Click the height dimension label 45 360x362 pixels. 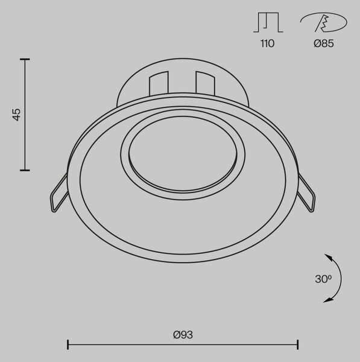click(17, 115)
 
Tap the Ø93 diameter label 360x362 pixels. click(183, 335)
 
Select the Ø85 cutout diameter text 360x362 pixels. click(324, 43)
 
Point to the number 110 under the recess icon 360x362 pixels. click(268, 43)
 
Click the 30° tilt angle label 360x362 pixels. click(323, 279)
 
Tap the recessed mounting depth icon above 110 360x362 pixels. click(268, 22)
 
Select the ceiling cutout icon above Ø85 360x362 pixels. click(324, 22)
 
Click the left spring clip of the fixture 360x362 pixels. click(59, 193)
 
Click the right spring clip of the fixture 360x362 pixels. click(306, 193)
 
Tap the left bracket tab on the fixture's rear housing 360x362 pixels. click(159, 83)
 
